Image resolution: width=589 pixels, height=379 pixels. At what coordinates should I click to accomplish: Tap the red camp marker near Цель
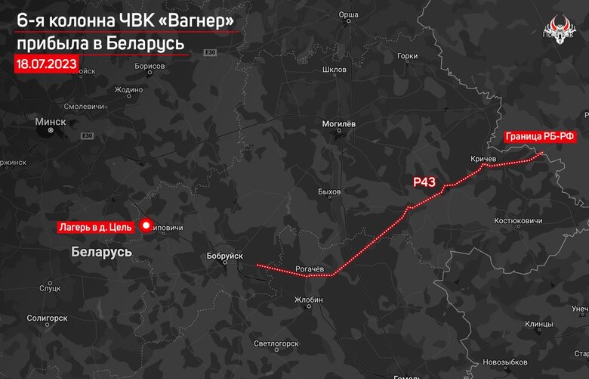point(146,226)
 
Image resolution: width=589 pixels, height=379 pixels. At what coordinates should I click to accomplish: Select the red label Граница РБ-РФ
point(541,137)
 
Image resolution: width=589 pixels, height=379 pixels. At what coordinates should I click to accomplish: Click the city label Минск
point(51,121)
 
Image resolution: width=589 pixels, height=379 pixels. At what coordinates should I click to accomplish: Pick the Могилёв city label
point(339,123)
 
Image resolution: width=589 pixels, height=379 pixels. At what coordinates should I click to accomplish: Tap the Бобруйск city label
point(224,256)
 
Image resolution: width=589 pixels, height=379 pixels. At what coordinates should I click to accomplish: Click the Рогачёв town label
point(310,269)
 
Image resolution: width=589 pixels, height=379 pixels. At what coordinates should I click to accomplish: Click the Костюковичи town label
point(518,220)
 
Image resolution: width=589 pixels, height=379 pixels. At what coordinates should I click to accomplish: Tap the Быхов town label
point(330,191)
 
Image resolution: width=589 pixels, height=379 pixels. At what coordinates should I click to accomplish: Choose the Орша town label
point(348,14)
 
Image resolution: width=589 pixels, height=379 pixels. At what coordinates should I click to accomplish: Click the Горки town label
point(407,56)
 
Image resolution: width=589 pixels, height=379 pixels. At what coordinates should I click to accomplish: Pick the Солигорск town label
point(47,318)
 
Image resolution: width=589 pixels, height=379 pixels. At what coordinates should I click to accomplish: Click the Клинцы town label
point(539,324)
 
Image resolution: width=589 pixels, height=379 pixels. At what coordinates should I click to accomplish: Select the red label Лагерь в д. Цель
point(96,226)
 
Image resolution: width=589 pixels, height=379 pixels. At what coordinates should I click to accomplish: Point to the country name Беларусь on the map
point(102,250)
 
